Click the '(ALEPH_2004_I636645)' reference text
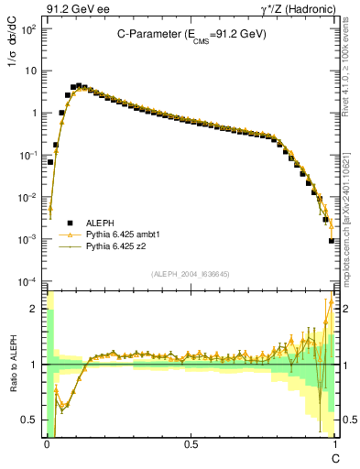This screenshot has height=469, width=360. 191,273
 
